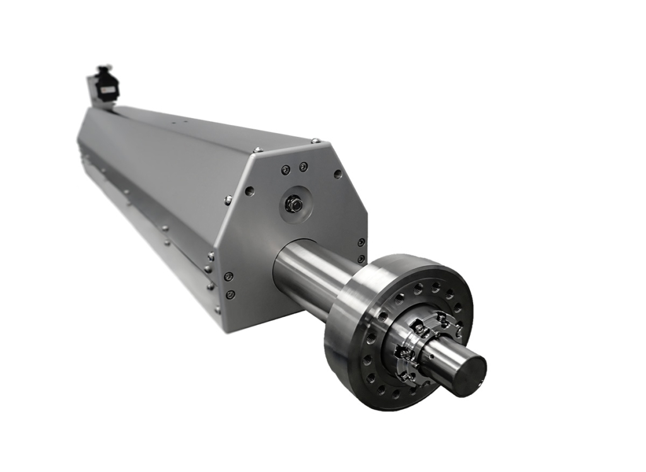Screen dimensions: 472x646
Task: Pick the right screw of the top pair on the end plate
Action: tap(303, 167)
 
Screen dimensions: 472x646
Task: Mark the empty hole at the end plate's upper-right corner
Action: tap(338, 174)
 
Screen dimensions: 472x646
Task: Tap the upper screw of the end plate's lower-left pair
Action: tap(228, 276)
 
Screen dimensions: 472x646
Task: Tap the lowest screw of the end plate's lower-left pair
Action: tap(231, 294)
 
